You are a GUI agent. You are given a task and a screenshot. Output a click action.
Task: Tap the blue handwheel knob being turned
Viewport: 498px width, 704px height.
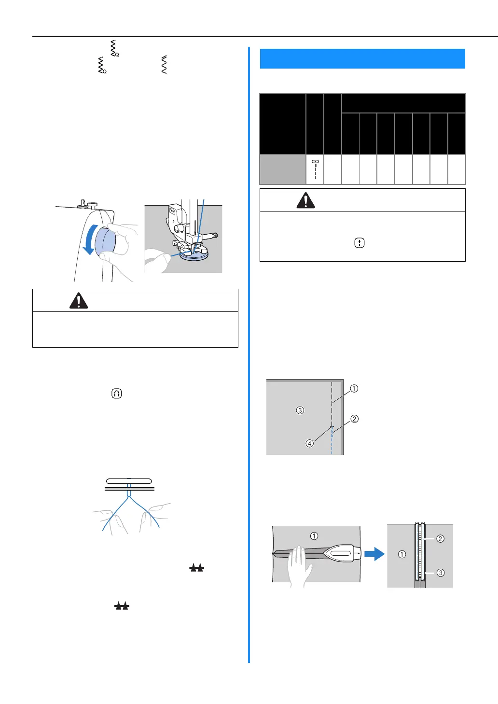point(106,241)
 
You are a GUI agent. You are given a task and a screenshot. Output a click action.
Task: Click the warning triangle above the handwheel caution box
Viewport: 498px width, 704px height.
point(79,300)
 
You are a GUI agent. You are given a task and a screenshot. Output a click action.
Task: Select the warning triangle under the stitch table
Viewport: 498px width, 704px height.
point(305,200)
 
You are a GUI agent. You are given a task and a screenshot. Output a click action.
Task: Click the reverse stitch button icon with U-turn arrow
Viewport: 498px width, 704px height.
point(116,394)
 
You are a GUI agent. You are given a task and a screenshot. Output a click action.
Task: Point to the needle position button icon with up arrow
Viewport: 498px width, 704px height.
point(360,243)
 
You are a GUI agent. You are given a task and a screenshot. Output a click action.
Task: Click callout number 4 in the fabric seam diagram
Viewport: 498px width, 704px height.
point(310,443)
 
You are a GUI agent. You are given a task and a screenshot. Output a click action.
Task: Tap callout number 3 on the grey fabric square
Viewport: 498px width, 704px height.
point(300,410)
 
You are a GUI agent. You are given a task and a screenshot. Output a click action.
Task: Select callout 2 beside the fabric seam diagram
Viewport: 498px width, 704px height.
point(355,419)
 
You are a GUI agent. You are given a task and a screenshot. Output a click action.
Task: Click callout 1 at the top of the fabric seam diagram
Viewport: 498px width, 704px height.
point(354,388)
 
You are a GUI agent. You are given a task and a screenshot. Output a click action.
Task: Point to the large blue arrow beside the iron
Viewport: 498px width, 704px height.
point(374,554)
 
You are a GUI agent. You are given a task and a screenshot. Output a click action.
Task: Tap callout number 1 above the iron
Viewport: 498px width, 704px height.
point(314,535)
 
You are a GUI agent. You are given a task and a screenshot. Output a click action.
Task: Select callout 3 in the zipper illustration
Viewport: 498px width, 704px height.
point(441,573)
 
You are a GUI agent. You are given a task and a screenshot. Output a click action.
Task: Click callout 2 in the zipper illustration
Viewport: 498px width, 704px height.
point(440,538)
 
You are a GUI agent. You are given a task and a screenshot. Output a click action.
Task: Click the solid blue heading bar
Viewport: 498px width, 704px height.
point(362,58)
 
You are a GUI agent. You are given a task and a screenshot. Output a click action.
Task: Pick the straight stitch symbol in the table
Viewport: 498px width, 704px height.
point(315,169)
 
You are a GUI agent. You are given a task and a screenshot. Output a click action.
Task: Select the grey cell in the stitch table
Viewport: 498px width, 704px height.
point(283,169)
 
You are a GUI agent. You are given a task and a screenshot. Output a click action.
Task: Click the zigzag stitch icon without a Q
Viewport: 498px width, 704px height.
point(164,65)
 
